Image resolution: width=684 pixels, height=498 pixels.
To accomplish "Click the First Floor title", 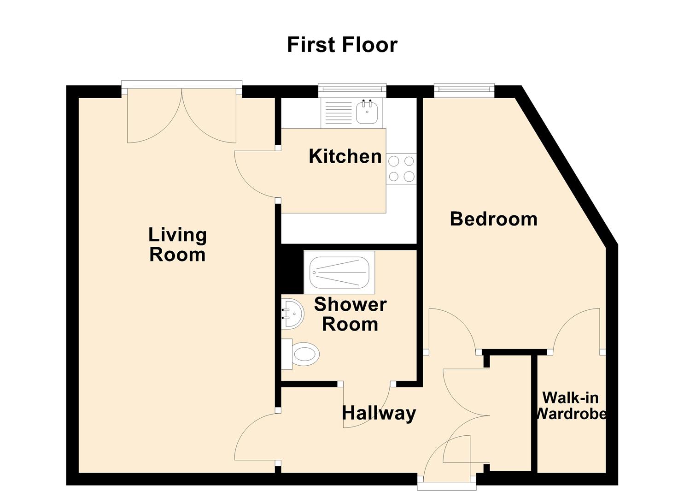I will pos(342,45).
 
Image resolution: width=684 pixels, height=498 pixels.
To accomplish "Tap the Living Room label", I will pos(177,245).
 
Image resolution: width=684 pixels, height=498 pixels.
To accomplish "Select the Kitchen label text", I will pos(345,156).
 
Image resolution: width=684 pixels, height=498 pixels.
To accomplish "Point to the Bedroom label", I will pos(493,219).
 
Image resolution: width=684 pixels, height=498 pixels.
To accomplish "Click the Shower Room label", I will pos(350,314).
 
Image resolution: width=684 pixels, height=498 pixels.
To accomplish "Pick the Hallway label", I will pos(379,413).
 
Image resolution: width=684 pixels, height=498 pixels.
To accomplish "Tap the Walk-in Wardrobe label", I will pos(570,406).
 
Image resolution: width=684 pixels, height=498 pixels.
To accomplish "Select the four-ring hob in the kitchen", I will pos(401,169).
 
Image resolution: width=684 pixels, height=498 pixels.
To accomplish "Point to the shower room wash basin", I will pos(292,314).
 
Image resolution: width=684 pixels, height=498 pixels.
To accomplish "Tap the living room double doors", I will pos(181,115).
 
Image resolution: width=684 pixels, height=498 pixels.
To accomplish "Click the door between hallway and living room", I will pos(257,436).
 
